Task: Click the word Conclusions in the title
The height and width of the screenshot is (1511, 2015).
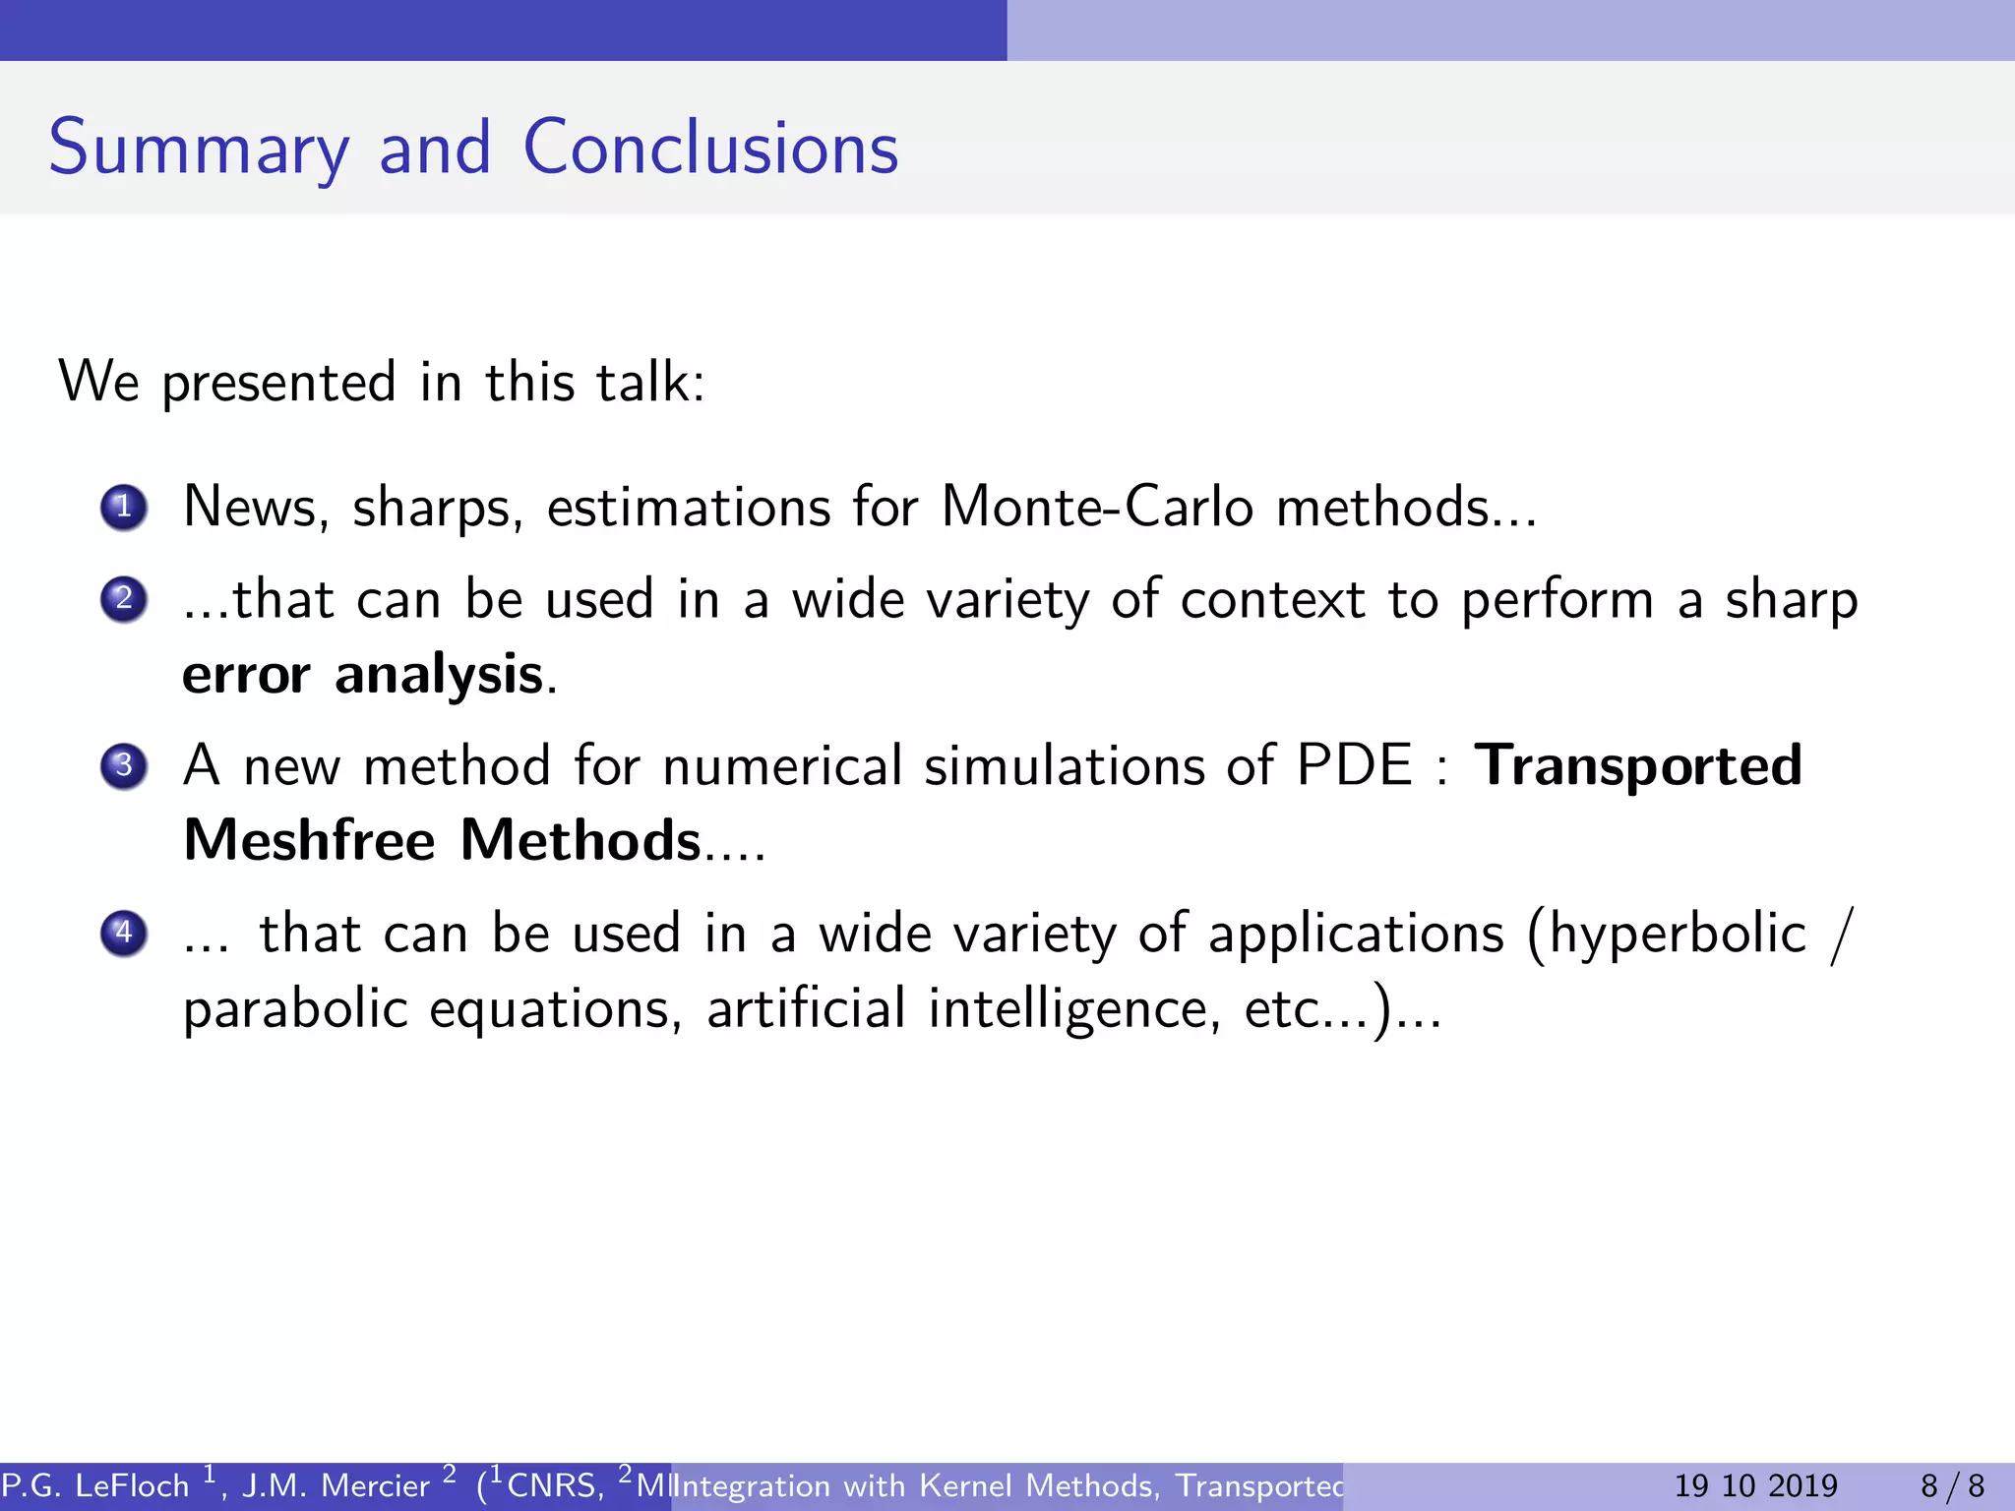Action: click(710, 149)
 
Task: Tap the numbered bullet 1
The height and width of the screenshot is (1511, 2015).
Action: click(124, 508)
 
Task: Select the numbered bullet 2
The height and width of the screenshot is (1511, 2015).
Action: click(124, 599)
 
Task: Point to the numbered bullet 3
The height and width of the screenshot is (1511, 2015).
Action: click(124, 765)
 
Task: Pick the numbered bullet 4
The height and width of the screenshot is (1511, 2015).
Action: click(124, 933)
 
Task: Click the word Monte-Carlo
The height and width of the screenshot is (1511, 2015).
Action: click(1097, 508)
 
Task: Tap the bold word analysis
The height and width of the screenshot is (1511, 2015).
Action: click(439, 675)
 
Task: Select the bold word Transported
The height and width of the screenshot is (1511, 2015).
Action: click(1638, 765)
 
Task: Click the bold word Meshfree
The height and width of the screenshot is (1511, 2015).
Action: click(309, 841)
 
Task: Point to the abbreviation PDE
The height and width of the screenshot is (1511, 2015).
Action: click(1354, 765)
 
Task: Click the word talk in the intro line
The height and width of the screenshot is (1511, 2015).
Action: click(643, 382)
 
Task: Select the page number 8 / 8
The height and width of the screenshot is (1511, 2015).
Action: click(1953, 1485)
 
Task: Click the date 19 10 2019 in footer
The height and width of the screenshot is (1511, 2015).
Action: click(1756, 1485)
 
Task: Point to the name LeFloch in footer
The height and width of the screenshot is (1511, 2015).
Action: click(132, 1485)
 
